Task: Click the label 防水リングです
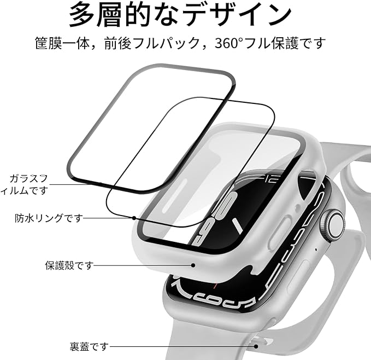coord(49,218)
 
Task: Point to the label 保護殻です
coord(69,265)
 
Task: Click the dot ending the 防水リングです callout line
coord(134,218)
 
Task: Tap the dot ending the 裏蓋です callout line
coord(256,346)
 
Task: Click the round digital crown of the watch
coord(334,223)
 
